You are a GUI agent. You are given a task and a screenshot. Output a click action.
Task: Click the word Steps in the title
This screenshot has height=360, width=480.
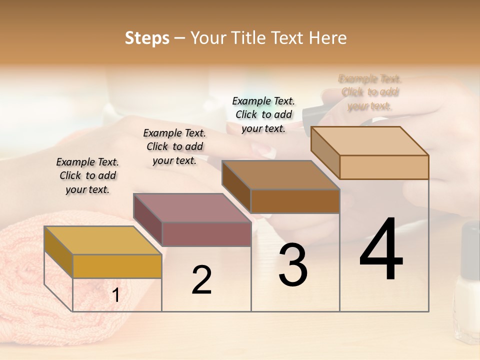coord(147,38)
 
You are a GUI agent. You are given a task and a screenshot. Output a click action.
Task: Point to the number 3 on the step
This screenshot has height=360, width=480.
coord(292,265)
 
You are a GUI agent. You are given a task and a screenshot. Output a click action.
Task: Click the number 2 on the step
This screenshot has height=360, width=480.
coord(201,280)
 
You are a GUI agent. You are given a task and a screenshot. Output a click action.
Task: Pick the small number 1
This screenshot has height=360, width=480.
coord(116,295)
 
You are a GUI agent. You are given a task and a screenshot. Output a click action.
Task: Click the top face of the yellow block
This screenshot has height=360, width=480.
coord(102,240)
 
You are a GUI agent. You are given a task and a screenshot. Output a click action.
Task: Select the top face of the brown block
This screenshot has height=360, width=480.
coord(280,175)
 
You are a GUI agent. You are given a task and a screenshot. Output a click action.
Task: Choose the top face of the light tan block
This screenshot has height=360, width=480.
coord(369,141)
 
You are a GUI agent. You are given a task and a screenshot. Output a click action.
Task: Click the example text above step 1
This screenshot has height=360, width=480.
coord(87,175)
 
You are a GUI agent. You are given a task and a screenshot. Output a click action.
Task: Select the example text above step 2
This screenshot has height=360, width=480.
coord(174,146)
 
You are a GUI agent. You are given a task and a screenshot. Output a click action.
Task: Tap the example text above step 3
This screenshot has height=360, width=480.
coord(263,114)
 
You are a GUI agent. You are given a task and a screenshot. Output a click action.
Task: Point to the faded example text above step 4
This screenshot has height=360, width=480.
coord(370,92)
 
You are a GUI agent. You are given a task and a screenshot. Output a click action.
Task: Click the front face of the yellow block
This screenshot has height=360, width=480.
coord(117,266)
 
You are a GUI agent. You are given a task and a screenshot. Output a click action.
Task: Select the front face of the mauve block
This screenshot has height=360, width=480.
coord(206,234)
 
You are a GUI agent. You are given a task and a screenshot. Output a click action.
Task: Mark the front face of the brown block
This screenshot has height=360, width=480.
coord(295,201)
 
